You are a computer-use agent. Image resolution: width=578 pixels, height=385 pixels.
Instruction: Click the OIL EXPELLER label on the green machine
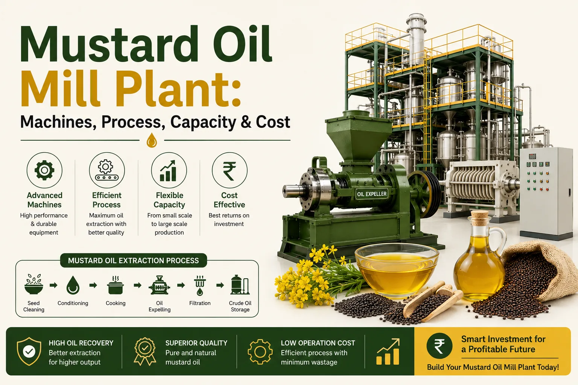(x=371, y=194)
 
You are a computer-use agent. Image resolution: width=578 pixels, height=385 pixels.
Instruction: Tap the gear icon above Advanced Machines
(x=44, y=170)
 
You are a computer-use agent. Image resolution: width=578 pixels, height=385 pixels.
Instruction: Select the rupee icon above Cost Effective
(x=230, y=170)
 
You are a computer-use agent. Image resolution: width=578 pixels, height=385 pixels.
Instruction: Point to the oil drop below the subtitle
(x=152, y=140)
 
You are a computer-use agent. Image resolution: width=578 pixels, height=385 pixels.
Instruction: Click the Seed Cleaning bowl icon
(x=34, y=284)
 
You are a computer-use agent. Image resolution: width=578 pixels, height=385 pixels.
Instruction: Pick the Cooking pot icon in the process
(x=116, y=285)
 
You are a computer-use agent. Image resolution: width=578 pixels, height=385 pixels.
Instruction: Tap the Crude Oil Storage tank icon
(x=240, y=285)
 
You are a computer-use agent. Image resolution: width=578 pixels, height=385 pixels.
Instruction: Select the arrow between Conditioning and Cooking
(x=93, y=285)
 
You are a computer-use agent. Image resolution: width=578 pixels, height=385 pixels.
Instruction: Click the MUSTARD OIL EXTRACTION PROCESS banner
(x=134, y=261)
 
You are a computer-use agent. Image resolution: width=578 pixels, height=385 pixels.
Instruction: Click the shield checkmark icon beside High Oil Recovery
(x=29, y=351)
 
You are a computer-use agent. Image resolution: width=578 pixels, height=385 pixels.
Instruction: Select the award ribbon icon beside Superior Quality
(x=145, y=351)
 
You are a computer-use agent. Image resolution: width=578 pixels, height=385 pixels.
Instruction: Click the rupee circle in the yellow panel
(x=440, y=346)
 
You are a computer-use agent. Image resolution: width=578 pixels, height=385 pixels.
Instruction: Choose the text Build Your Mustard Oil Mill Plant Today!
(x=493, y=367)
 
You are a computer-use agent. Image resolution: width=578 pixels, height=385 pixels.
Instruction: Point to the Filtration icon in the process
(x=200, y=285)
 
